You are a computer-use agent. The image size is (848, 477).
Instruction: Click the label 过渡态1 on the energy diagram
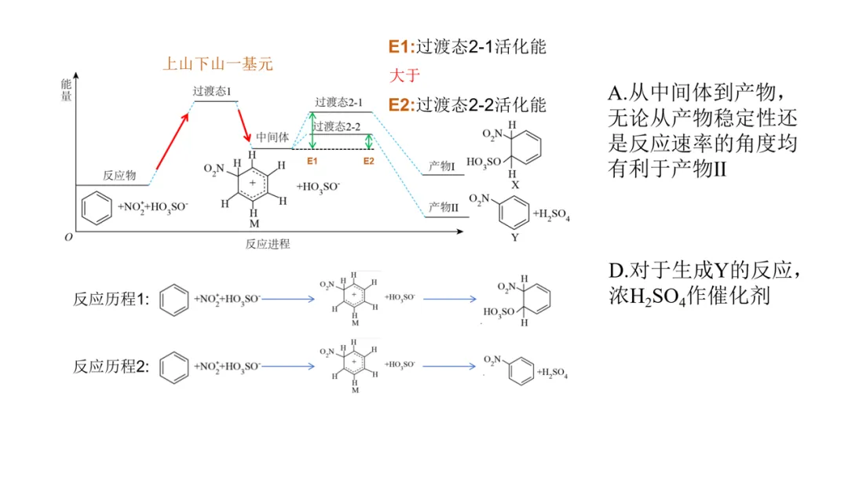212,91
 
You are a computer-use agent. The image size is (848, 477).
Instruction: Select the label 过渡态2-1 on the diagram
338,102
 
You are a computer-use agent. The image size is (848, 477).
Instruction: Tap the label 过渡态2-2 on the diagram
336,126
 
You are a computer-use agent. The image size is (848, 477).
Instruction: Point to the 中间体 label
272,137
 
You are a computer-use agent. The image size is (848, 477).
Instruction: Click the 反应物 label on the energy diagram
119,175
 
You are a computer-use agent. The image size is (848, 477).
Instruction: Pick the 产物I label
441,166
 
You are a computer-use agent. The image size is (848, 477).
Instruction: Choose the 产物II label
443,207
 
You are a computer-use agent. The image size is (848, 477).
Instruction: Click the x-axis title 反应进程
267,244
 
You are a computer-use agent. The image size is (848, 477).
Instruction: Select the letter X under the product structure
514,184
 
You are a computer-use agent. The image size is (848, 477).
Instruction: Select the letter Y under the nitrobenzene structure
514,236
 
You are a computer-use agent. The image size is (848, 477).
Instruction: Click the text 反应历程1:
111,299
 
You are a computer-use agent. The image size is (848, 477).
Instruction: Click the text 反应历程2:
111,366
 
